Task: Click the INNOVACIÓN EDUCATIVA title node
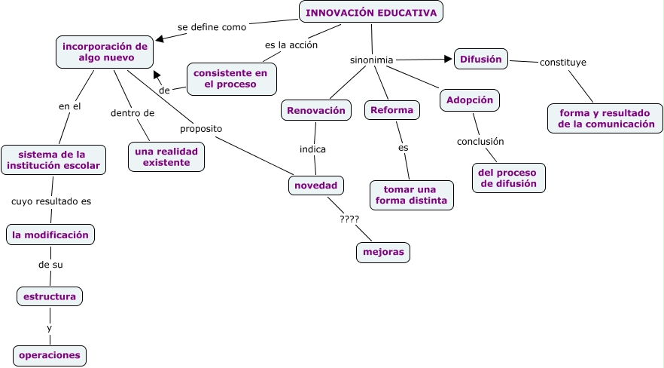coord(371,13)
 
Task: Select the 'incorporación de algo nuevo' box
coord(105,52)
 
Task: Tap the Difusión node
coord(481,59)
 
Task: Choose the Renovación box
coord(317,110)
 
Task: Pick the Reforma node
coord(392,110)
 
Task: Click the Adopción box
coord(470,100)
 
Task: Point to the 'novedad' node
coord(316,185)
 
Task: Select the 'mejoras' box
coord(383,252)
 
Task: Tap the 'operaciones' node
coord(50,355)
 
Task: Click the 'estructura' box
coord(50,296)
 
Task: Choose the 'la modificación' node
coord(50,235)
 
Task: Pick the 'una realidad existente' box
coord(166,157)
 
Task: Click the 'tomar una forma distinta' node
coord(412,195)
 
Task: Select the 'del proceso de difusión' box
coord(509,177)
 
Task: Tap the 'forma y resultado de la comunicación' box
coord(606,118)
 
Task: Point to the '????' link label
coord(349,219)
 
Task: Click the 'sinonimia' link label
coord(372,60)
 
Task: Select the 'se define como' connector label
coord(212,27)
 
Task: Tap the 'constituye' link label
coord(563,62)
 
